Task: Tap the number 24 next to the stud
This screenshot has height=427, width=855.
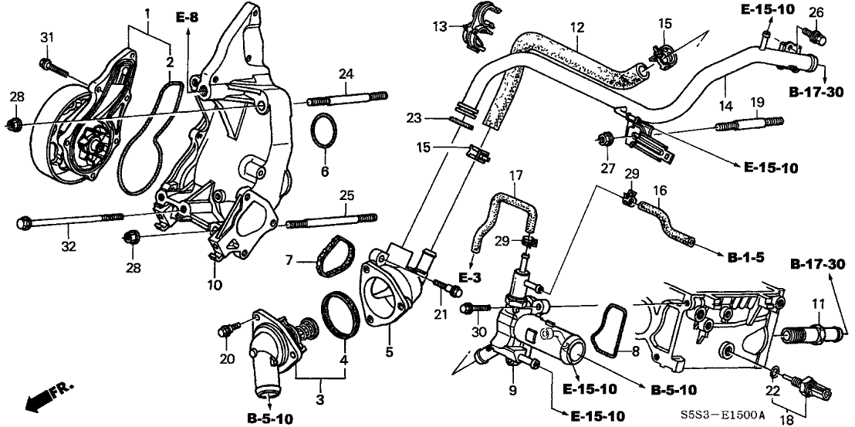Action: pyautogui.click(x=346, y=74)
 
